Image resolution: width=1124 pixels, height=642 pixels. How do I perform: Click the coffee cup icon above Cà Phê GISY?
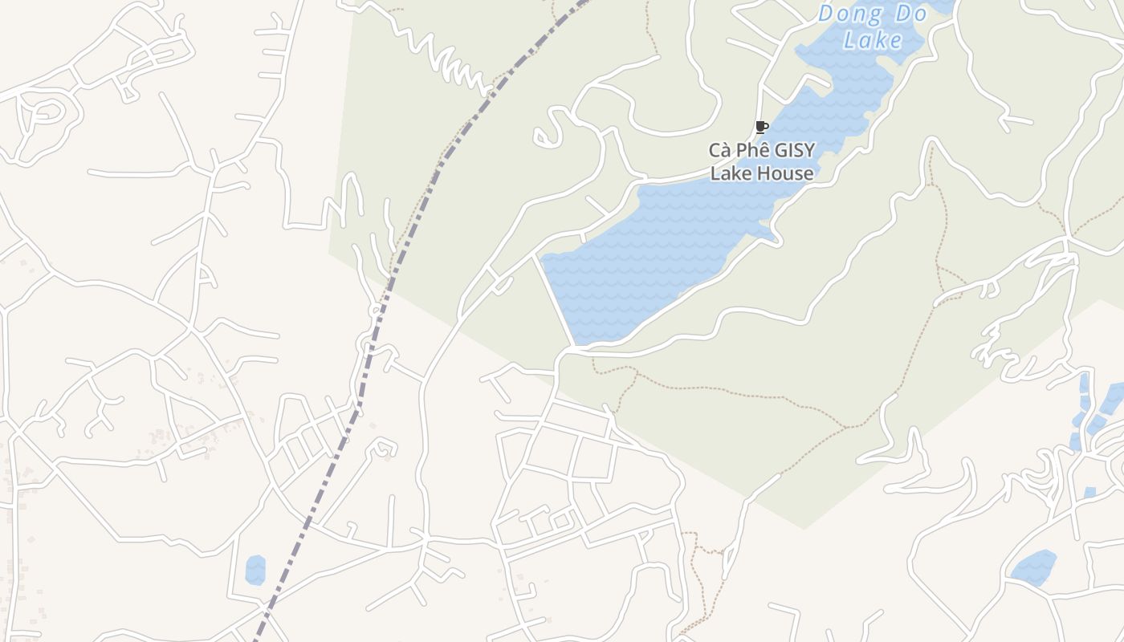tap(761, 127)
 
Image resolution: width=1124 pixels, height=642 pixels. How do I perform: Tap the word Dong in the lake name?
tap(850, 14)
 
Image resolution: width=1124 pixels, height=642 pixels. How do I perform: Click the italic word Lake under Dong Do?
tap(873, 40)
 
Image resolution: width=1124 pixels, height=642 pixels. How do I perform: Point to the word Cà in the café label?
tap(718, 150)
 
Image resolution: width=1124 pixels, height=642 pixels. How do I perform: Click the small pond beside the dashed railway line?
tap(255, 569)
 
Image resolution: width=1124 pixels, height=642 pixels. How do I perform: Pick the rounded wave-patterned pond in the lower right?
tap(1033, 567)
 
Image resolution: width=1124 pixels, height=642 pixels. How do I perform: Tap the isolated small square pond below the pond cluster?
tap(1089, 492)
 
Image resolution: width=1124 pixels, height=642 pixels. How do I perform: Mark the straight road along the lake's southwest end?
tap(556, 301)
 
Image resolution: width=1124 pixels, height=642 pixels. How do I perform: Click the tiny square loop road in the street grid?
tap(561, 522)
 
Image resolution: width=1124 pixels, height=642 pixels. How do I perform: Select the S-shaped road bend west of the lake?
tap(550, 128)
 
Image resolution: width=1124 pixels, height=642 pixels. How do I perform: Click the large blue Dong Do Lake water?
tap(666, 241)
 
